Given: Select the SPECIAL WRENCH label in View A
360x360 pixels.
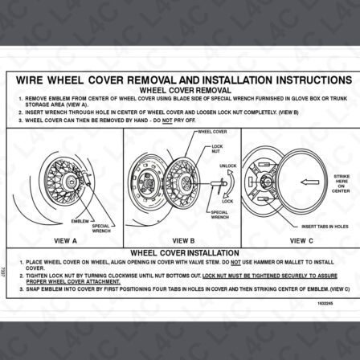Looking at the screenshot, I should coord(101,228).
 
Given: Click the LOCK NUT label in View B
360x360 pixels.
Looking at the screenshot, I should coord(217,148).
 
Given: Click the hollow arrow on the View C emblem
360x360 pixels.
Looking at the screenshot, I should coord(309,182).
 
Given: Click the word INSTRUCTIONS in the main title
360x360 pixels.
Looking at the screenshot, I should coord(308,81).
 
